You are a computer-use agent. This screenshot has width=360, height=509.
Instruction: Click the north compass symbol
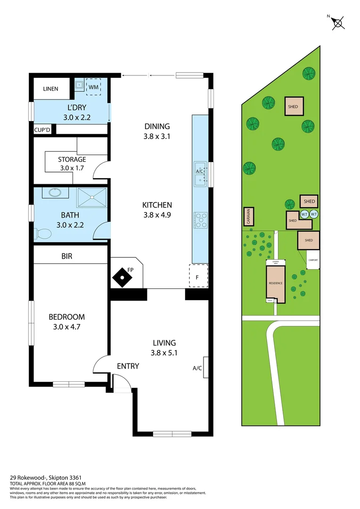pos(338,23)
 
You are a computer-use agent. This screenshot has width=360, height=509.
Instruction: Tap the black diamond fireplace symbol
pos(122,277)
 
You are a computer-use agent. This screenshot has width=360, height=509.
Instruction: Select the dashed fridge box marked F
pos(197,277)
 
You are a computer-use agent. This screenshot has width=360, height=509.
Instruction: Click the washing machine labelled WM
pos(93,87)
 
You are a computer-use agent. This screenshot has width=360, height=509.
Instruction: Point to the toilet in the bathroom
pos(43,233)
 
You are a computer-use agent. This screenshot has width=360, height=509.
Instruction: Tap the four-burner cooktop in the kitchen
pos(200,219)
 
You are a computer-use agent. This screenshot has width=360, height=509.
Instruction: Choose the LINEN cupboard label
pos(50,89)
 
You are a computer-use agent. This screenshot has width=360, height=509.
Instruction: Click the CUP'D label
pos(41,129)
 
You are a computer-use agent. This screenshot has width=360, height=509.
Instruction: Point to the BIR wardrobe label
pos(67,257)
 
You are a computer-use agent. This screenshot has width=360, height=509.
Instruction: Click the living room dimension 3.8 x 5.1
pos(164,352)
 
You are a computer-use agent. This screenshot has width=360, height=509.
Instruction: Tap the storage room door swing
pos(100,170)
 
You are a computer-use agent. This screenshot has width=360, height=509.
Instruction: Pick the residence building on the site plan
pos(276,283)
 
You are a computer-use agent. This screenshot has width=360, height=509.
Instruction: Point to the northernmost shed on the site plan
pos(293,107)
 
